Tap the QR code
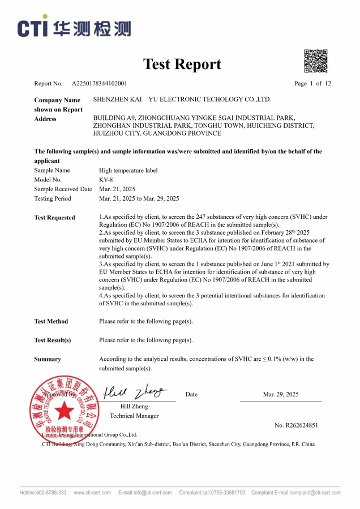tap(316, 61)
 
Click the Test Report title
tap(182, 64)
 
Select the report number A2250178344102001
tap(99, 84)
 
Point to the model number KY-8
tap(106, 179)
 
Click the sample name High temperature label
tap(128, 170)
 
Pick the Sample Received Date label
tap(63, 189)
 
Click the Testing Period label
tap(53, 199)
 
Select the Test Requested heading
tap(54, 217)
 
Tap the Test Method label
tap(51, 321)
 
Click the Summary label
tap(48, 359)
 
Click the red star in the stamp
tap(64, 410)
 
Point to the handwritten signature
tap(136, 391)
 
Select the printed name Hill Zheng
tap(134, 406)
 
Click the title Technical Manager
tap(134, 416)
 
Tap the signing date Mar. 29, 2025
tap(281, 394)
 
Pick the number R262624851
tap(296, 425)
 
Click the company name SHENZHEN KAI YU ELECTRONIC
tap(182, 100)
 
